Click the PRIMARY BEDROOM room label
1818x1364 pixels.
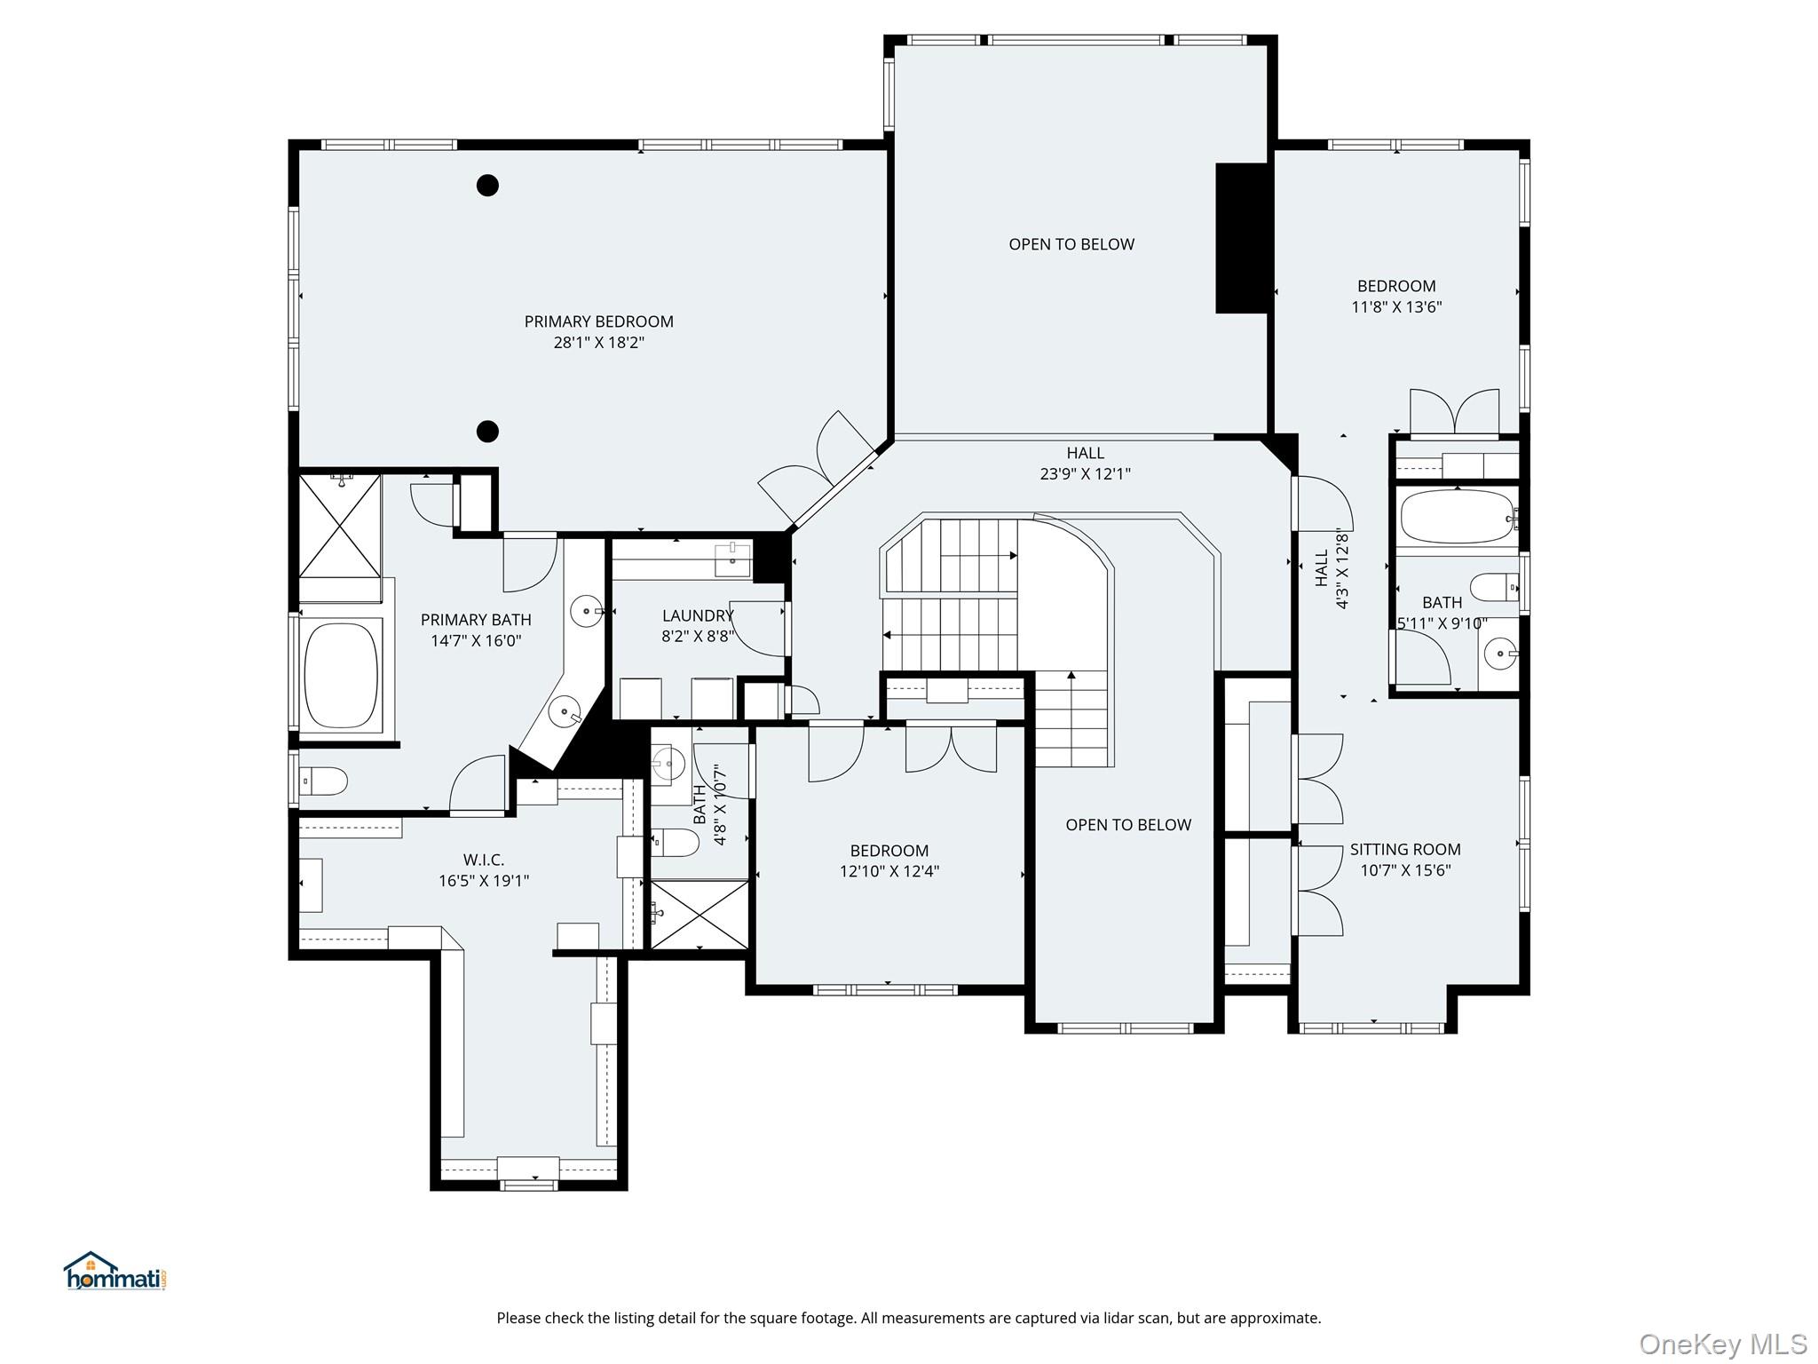(x=598, y=321)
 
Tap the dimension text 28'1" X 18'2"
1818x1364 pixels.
(x=598, y=343)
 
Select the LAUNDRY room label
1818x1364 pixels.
(x=698, y=615)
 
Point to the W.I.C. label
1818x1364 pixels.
(x=484, y=860)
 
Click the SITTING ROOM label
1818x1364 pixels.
(x=1405, y=849)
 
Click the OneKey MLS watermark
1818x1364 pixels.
(x=1722, y=1344)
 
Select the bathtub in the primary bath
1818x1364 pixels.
(x=341, y=675)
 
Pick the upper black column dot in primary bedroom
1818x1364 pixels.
(x=487, y=186)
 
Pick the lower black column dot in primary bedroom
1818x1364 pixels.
(x=487, y=432)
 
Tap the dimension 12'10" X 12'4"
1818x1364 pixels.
(x=889, y=872)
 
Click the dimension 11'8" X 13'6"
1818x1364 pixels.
(x=1396, y=307)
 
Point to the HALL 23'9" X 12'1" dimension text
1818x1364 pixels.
(x=1085, y=474)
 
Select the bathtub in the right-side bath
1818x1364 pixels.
(x=1457, y=517)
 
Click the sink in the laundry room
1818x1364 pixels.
(x=733, y=560)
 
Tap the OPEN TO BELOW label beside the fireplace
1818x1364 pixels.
(x=1071, y=244)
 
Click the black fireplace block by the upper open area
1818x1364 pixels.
(x=1242, y=238)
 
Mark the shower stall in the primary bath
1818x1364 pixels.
(x=339, y=526)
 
